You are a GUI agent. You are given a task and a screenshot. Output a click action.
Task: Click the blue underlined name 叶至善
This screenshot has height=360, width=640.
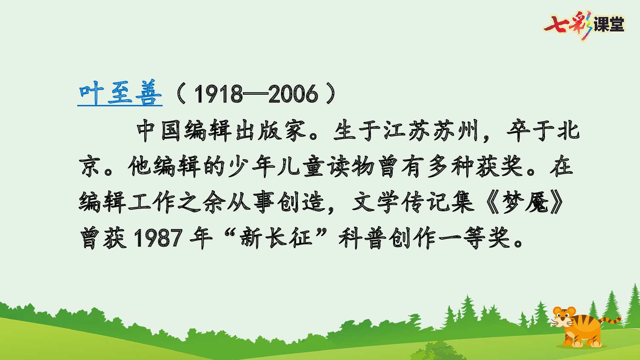click(120, 93)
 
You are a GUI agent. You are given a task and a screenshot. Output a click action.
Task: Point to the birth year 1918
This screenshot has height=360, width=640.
click(218, 94)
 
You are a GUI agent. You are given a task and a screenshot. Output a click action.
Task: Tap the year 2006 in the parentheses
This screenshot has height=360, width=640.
click(294, 94)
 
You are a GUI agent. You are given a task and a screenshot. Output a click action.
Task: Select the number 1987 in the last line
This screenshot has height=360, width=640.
click(158, 238)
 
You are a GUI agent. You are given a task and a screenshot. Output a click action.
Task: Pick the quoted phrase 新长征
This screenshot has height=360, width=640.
click(276, 237)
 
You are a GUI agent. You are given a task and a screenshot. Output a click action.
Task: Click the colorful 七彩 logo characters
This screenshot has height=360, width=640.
click(567, 24)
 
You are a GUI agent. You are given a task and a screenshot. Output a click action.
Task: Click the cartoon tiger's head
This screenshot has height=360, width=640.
click(563, 318)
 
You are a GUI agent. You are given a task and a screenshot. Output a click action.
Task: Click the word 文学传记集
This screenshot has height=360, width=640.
click(413, 202)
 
